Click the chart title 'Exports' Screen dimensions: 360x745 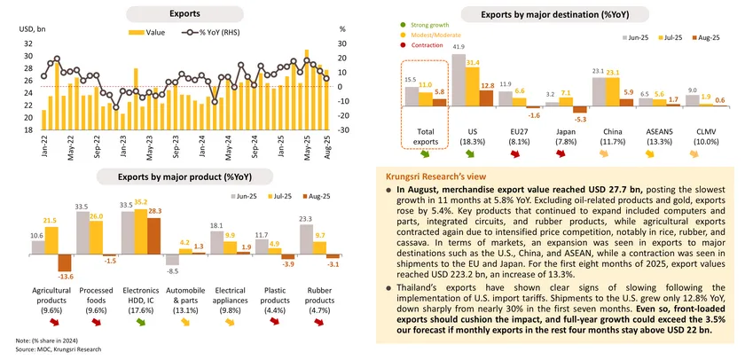(x=184, y=13)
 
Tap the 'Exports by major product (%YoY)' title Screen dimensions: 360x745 (x=184, y=176)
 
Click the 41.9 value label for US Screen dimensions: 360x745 (x=459, y=46)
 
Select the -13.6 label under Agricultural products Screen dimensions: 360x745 (x=64, y=278)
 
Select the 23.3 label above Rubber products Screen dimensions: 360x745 (x=306, y=218)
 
